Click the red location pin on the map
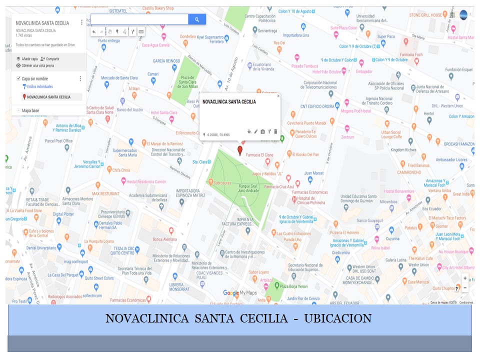(x=239, y=150)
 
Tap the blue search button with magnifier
(x=197, y=19)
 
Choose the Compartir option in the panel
(x=52, y=58)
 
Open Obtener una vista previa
(x=37, y=65)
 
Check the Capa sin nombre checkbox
(x=18, y=78)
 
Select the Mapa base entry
(x=31, y=110)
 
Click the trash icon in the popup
(x=275, y=131)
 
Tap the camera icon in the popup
(x=262, y=131)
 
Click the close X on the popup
(x=278, y=96)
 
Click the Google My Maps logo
(x=239, y=293)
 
